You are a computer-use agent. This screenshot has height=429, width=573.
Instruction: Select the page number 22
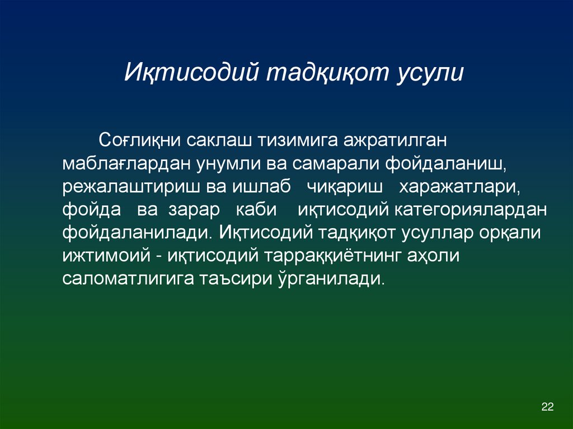(547, 407)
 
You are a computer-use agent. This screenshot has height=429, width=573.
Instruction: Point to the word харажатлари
(459, 187)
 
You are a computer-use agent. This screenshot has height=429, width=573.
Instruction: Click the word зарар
(191, 210)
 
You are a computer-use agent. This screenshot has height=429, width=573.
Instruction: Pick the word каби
(260, 210)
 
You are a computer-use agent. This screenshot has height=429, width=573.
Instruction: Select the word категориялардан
(470, 210)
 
